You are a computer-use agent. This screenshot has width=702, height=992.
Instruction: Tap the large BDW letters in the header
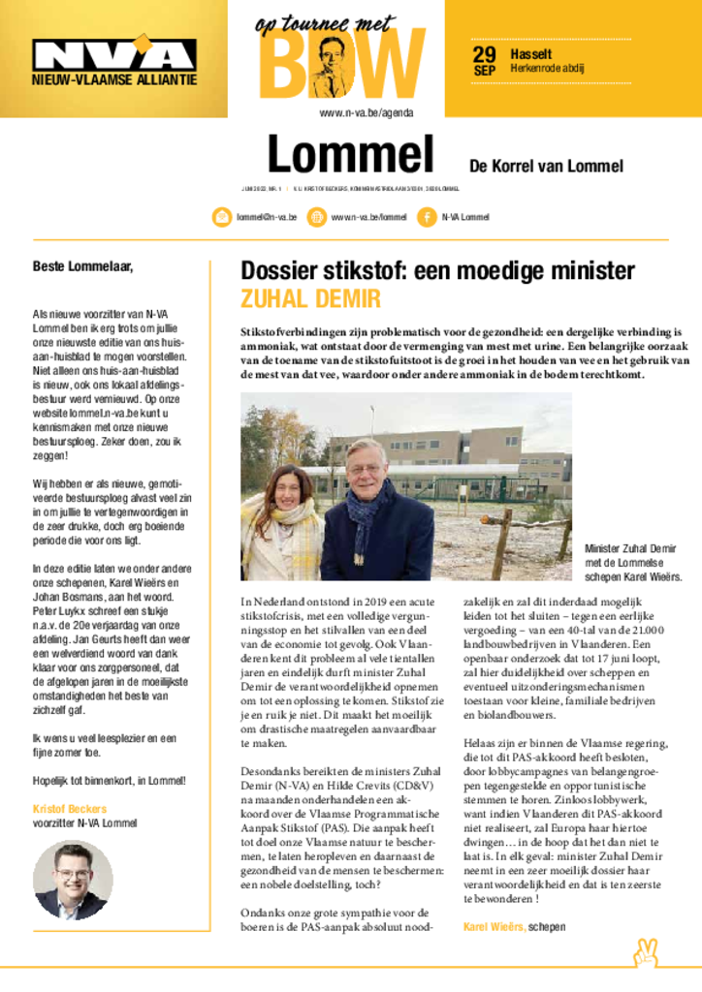pos(341,66)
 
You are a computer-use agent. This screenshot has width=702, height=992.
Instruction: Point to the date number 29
pos(484,54)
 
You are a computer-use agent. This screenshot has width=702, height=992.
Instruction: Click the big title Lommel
pos(350,156)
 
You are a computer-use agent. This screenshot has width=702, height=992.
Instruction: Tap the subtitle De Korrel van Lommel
pos(546,166)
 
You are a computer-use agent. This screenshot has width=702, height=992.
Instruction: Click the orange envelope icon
pos(221,217)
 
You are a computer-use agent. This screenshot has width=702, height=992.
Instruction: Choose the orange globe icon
pos(316,217)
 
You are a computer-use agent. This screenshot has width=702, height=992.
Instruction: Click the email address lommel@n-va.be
pos(266,217)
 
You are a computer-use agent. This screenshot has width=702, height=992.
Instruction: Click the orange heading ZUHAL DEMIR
pos(310,298)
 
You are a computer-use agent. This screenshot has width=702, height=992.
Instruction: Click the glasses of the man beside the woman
pos(365,470)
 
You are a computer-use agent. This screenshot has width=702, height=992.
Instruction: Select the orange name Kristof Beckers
pos(71,808)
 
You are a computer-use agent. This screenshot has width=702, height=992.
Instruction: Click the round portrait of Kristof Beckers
pos(73,879)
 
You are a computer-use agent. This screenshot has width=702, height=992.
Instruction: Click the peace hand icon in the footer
pos(646,952)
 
